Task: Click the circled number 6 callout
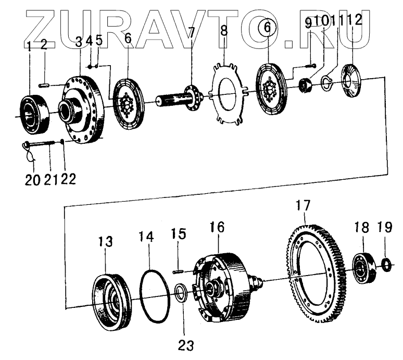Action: tap(268, 28)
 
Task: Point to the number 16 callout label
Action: tap(218, 228)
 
